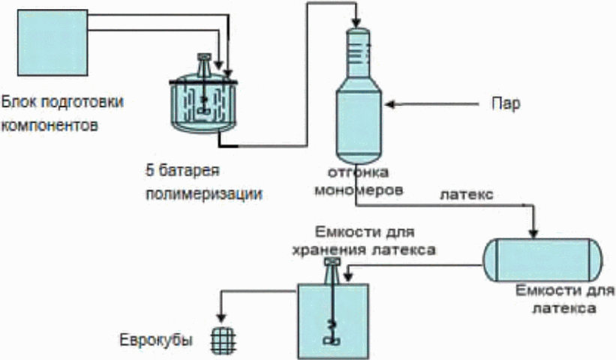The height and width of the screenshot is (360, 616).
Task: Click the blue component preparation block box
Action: (x=53, y=43)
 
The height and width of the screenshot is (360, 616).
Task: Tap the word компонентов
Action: (x=49, y=125)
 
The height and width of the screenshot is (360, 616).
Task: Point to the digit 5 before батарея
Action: (x=149, y=171)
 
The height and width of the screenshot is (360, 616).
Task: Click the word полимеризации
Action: (x=204, y=194)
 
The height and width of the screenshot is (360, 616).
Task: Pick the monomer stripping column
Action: (x=359, y=96)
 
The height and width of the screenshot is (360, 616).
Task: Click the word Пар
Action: (x=506, y=103)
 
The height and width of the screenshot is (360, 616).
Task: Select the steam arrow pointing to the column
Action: (x=431, y=104)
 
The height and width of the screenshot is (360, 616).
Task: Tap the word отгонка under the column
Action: (x=359, y=172)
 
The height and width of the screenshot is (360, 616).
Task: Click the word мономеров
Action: (x=359, y=190)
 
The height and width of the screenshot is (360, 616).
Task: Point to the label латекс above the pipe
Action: (x=467, y=194)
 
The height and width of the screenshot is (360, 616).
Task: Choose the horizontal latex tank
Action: (x=542, y=259)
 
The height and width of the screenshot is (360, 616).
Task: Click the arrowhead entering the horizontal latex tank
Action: (x=533, y=233)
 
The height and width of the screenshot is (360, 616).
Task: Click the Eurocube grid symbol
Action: (x=223, y=340)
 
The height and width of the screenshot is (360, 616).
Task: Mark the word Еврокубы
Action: (x=156, y=340)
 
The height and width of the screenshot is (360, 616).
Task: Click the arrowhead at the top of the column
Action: (x=357, y=23)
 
